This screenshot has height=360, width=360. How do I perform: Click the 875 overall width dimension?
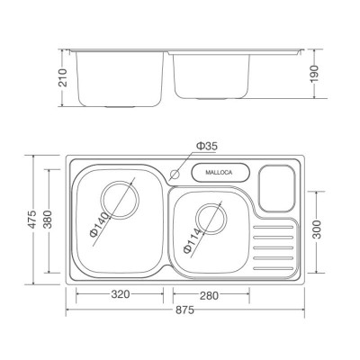click(x=184, y=310)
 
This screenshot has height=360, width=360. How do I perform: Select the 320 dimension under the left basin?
click(x=121, y=294)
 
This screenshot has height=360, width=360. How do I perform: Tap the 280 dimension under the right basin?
click(x=209, y=295)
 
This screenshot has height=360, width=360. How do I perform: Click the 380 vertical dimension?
click(x=48, y=220)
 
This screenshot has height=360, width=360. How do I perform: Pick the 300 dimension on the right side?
click(x=316, y=229)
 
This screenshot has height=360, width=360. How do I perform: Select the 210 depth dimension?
click(x=63, y=77)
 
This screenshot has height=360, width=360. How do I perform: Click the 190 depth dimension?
click(x=315, y=74)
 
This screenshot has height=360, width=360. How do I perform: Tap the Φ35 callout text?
click(x=207, y=146)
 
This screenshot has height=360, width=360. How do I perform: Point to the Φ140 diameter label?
click(x=99, y=224)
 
